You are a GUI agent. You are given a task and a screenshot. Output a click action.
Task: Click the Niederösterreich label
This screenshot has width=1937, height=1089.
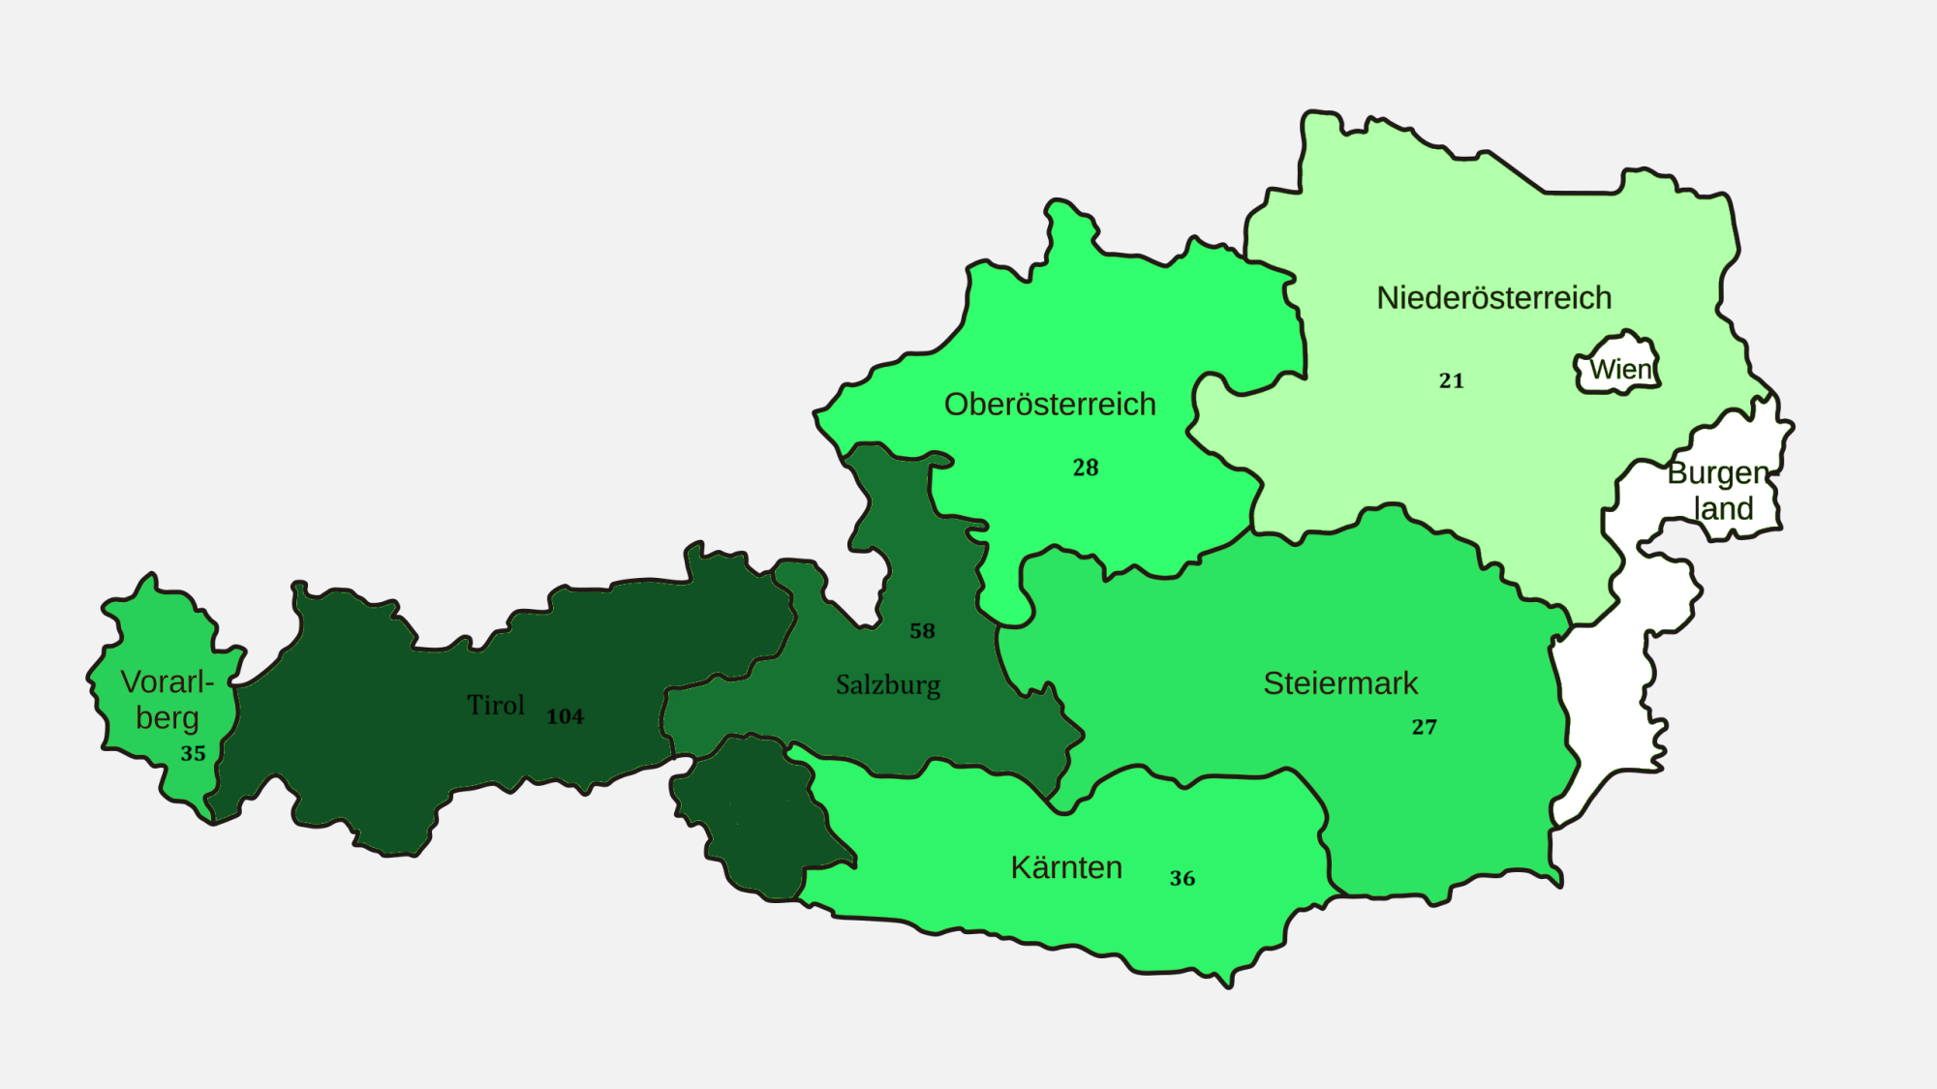(1493, 298)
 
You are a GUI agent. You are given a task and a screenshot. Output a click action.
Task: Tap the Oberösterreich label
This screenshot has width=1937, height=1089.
(1050, 405)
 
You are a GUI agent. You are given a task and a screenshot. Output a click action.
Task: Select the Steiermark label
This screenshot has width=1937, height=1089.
(1340, 683)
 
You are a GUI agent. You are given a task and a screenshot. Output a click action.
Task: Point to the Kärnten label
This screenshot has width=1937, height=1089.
(1066, 867)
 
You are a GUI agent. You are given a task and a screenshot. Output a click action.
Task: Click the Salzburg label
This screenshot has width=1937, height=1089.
(888, 685)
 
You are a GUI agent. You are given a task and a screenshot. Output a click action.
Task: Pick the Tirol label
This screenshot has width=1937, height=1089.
(496, 705)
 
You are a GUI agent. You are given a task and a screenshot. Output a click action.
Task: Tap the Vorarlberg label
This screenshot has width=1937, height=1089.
(167, 699)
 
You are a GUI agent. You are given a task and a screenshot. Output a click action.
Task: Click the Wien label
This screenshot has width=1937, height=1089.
(1620, 370)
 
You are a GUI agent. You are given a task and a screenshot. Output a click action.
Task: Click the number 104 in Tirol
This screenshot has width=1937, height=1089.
(565, 717)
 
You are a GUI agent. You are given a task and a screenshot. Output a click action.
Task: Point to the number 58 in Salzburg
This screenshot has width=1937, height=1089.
(922, 631)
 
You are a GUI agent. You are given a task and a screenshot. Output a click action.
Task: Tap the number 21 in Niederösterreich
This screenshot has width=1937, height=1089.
(1451, 381)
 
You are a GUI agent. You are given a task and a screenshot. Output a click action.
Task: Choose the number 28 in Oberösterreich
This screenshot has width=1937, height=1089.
(1086, 469)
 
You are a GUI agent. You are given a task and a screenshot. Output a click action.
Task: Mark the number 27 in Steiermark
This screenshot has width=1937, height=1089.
(1424, 727)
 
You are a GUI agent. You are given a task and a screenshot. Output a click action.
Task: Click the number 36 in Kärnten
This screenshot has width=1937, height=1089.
(1183, 879)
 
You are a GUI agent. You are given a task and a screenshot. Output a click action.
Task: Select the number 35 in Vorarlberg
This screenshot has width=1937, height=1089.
(193, 754)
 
